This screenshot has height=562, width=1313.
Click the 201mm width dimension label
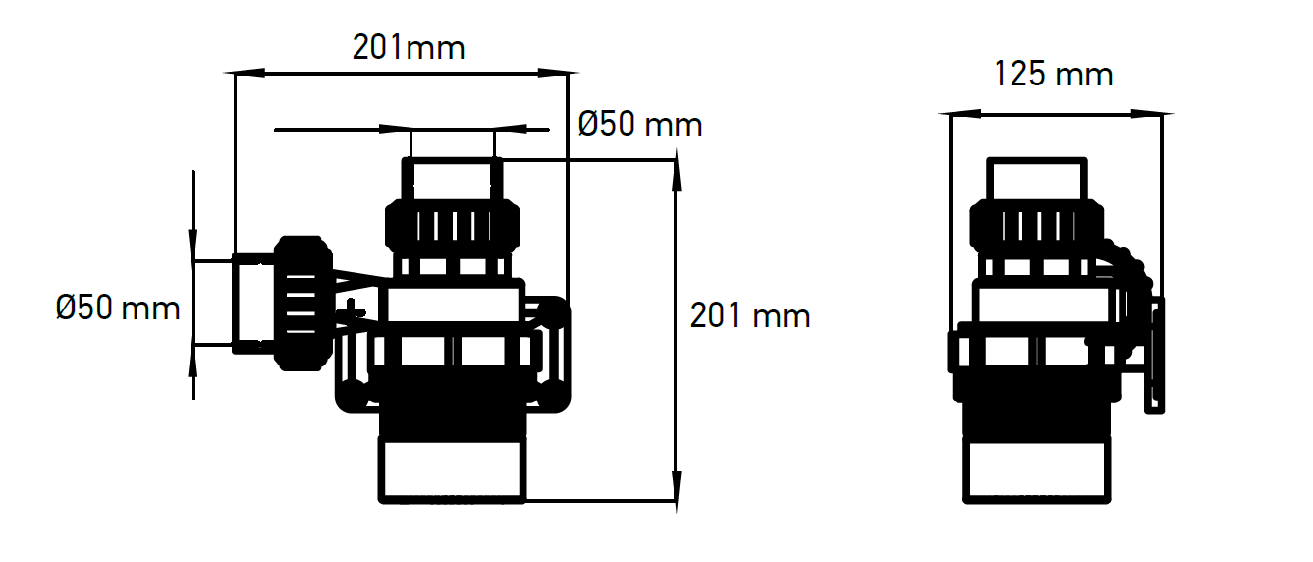click(x=409, y=47)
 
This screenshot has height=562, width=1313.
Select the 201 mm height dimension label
click(x=750, y=316)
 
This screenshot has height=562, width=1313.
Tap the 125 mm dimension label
click(x=1054, y=75)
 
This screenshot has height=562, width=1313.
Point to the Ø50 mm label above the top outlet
click(x=640, y=125)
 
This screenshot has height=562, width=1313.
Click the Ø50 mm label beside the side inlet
click(x=118, y=309)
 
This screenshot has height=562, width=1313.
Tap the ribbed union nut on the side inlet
click(x=302, y=304)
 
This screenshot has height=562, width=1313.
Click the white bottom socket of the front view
click(x=453, y=471)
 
